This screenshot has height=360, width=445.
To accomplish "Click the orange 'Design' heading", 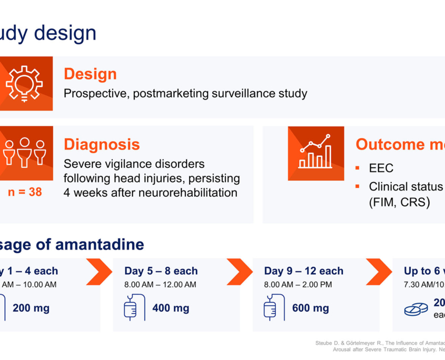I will pos(90,74).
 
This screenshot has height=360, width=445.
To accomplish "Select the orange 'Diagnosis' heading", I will pos(102,144).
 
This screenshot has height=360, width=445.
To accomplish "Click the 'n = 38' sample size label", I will pos(24,192).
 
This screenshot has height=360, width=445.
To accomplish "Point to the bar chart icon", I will pos(315,153).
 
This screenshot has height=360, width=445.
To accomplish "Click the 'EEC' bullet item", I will pos(381,168).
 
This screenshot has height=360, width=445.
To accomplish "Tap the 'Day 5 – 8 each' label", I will pos(161,271).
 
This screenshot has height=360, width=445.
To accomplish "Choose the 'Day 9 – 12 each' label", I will pos(303,271).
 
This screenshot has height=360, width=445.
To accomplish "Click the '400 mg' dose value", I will pos(171,308).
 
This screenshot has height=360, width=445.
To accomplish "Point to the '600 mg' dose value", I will pos(311,308).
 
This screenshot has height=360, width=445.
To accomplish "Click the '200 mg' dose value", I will pos(31,308).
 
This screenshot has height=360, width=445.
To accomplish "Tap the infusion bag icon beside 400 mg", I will pos(134,307).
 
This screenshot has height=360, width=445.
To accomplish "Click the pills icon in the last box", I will pos(416,309).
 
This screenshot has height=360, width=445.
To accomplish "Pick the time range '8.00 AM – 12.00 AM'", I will pos(160,285).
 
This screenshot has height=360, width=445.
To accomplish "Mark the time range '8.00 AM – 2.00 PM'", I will pos(298,285).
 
